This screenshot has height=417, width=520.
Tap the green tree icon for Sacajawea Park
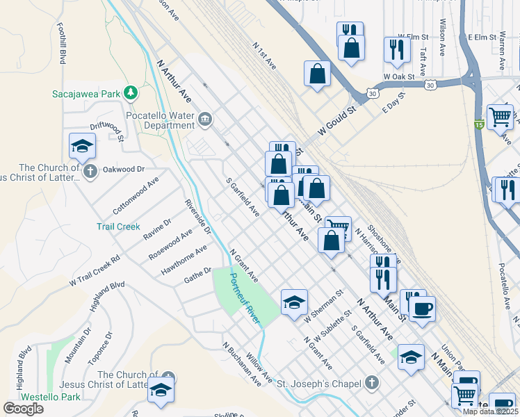click(130, 93)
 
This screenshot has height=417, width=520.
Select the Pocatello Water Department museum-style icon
click(206, 120)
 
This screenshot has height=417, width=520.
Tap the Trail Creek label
click(118, 227)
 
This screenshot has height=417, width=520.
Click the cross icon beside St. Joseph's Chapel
click(372, 383)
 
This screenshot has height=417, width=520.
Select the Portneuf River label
click(245, 297)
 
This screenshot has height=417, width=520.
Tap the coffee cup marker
click(421, 308)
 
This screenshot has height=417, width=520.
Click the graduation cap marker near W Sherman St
click(294, 302)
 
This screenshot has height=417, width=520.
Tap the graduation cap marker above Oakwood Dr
click(82, 146)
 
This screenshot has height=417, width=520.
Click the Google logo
click(24, 409)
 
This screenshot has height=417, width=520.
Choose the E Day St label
click(393, 101)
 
